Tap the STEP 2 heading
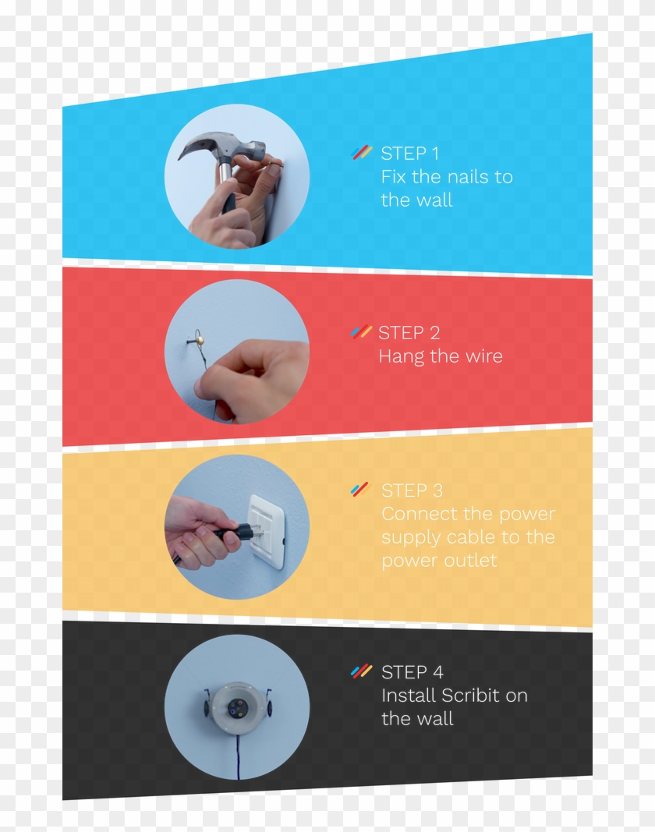click(x=409, y=333)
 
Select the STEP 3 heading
click(x=412, y=490)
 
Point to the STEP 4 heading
click(x=412, y=672)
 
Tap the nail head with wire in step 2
click(x=200, y=340)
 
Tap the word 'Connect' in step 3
click(x=414, y=515)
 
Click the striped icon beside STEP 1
click(x=361, y=153)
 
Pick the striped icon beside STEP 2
click(x=361, y=332)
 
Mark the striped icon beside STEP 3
click(x=360, y=490)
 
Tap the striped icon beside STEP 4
click(x=361, y=671)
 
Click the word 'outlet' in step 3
click(x=472, y=561)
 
